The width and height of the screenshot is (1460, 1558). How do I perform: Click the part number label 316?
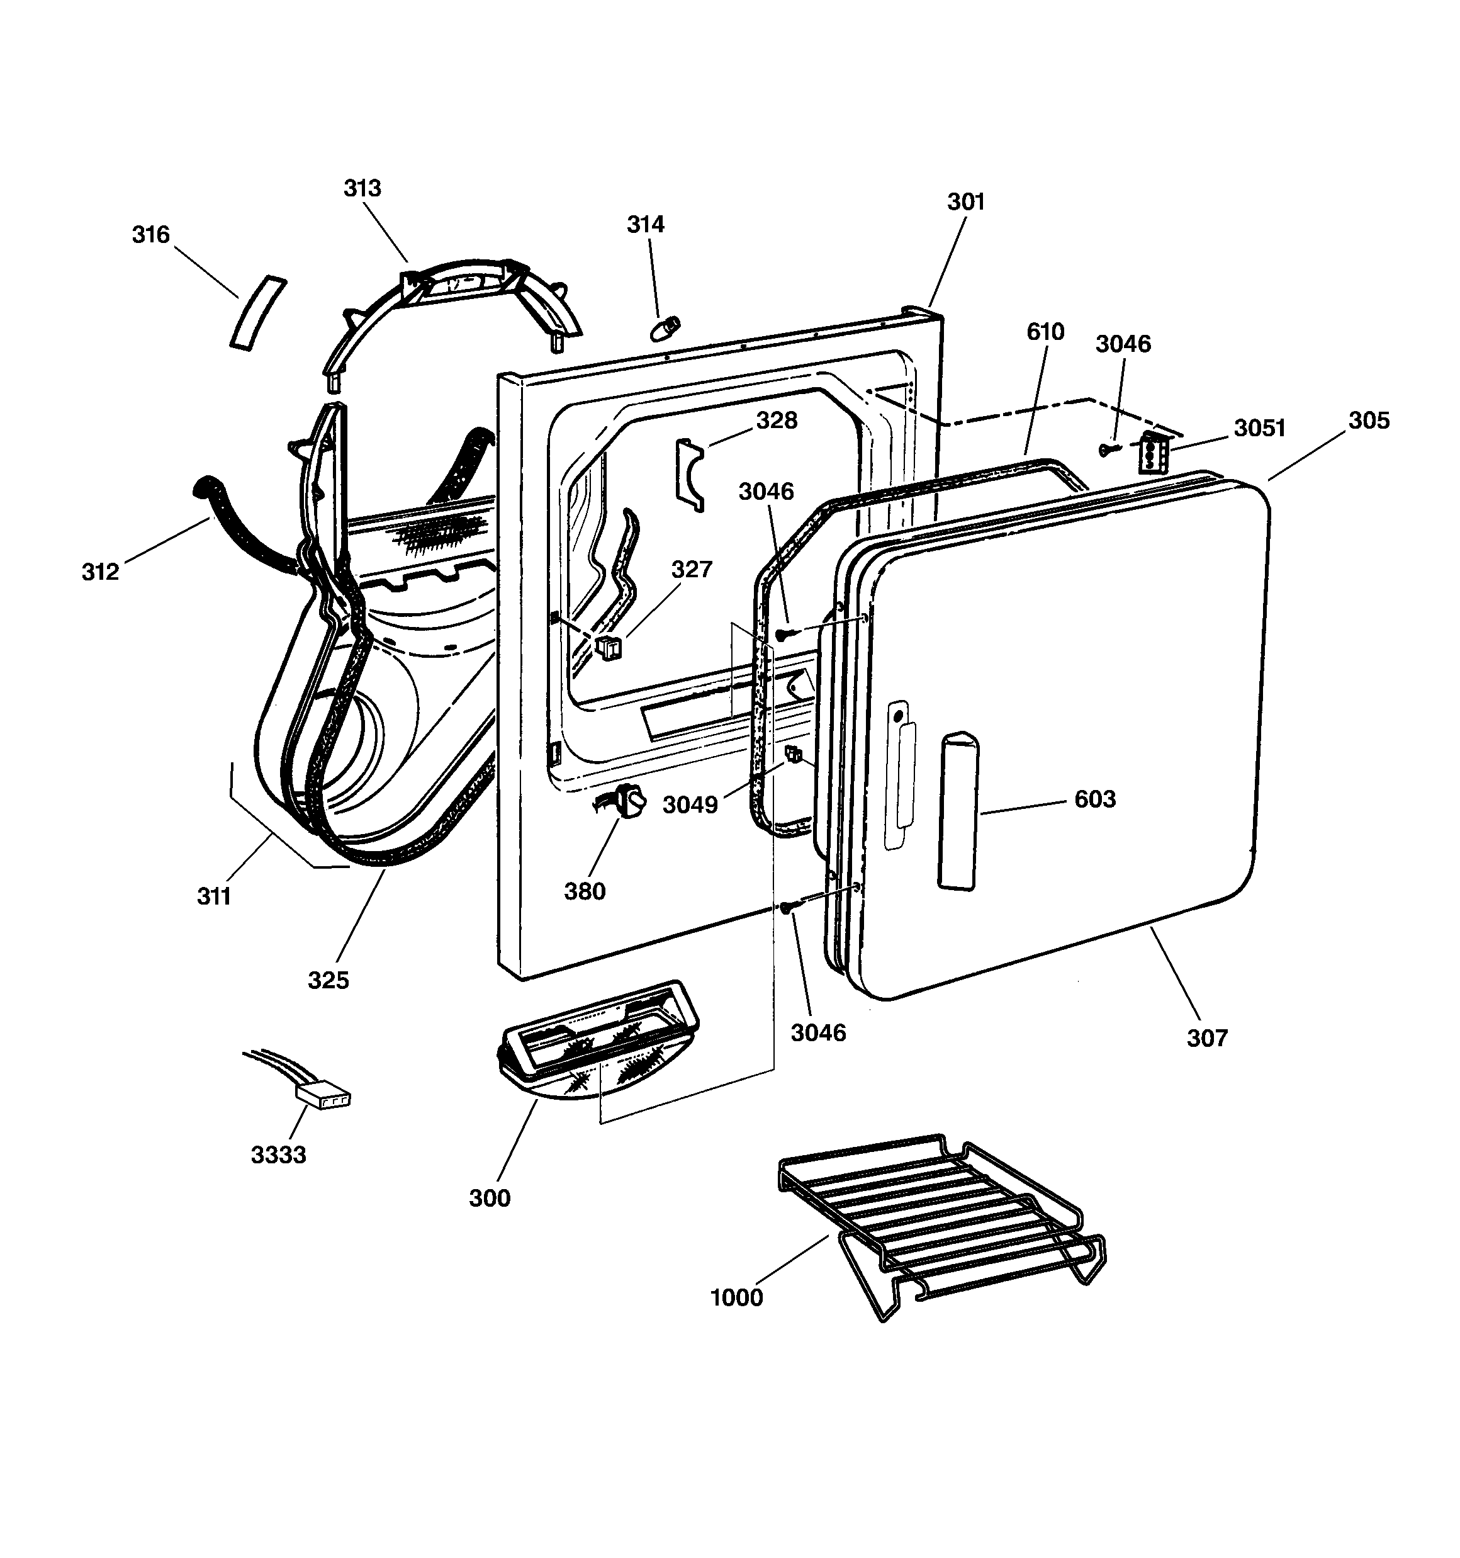(x=150, y=234)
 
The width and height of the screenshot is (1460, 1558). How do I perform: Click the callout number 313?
(x=362, y=188)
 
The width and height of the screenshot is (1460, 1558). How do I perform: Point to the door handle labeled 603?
(x=959, y=811)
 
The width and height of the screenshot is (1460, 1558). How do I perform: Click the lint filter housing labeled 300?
(x=597, y=1041)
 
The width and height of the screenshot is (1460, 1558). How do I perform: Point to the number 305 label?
(x=1368, y=421)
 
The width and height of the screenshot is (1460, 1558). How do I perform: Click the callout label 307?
(x=1207, y=1039)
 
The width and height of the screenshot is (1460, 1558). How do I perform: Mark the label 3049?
(x=690, y=805)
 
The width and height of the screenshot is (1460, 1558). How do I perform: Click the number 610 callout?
(x=1045, y=332)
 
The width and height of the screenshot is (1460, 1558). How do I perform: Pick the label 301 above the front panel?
(x=965, y=202)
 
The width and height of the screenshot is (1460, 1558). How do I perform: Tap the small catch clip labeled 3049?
(x=794, y=755)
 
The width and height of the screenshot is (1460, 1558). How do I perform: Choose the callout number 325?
(x=328, y=980)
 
